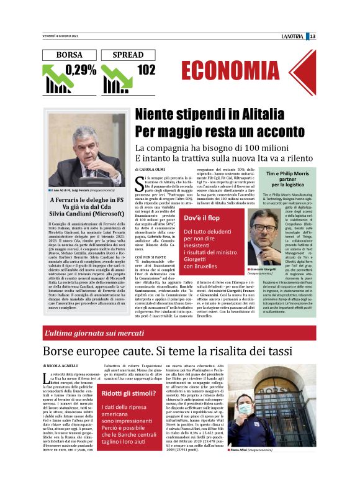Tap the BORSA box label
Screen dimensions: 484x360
[68, 55]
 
